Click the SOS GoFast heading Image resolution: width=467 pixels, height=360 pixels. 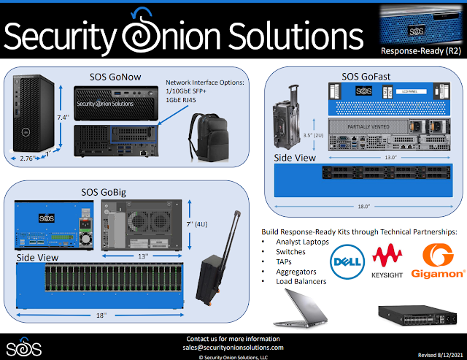coord(364,76)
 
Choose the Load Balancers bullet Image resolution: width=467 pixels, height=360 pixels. coord(301,281)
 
